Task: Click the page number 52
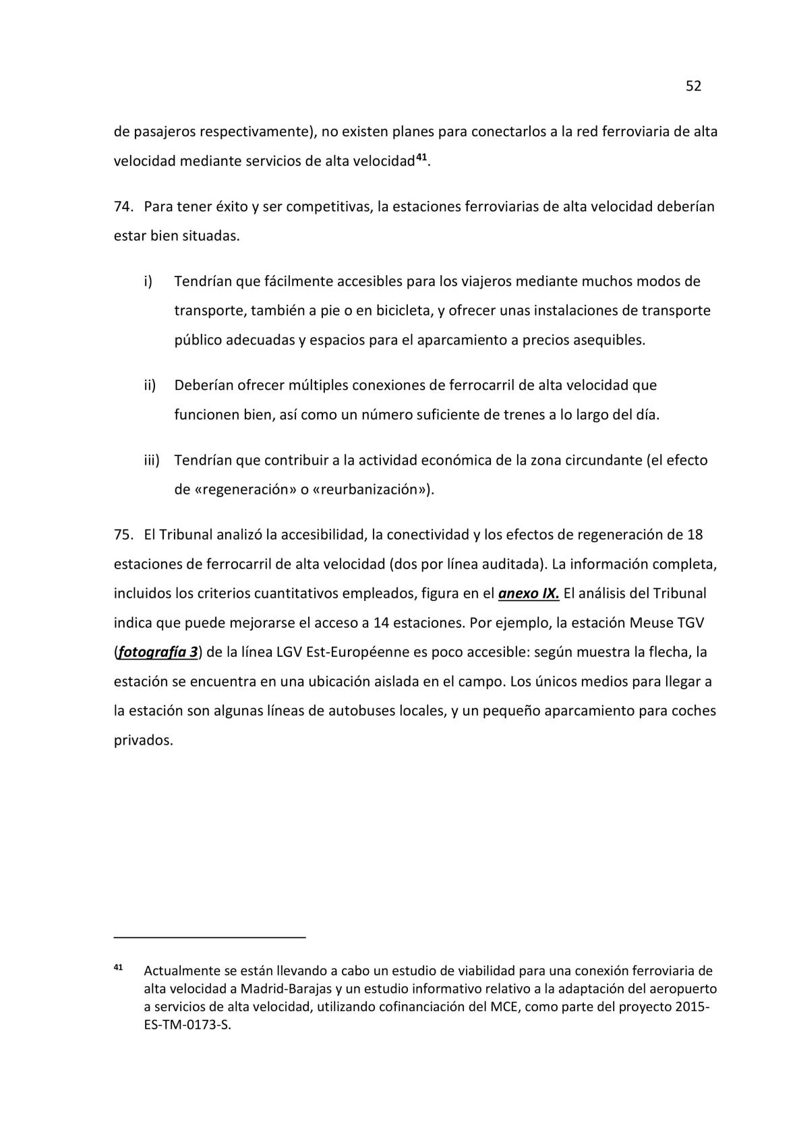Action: click(x=693, y=86)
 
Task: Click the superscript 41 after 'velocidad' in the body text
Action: click(x=421, y=157)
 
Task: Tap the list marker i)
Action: click(x=148, y=281)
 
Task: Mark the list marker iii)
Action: click(x=151, y=460)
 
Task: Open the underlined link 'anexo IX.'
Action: click(x=529, y=594)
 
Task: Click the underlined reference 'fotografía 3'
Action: click(x=158, y=652)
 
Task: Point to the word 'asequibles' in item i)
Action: click(x=608, y=340)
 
